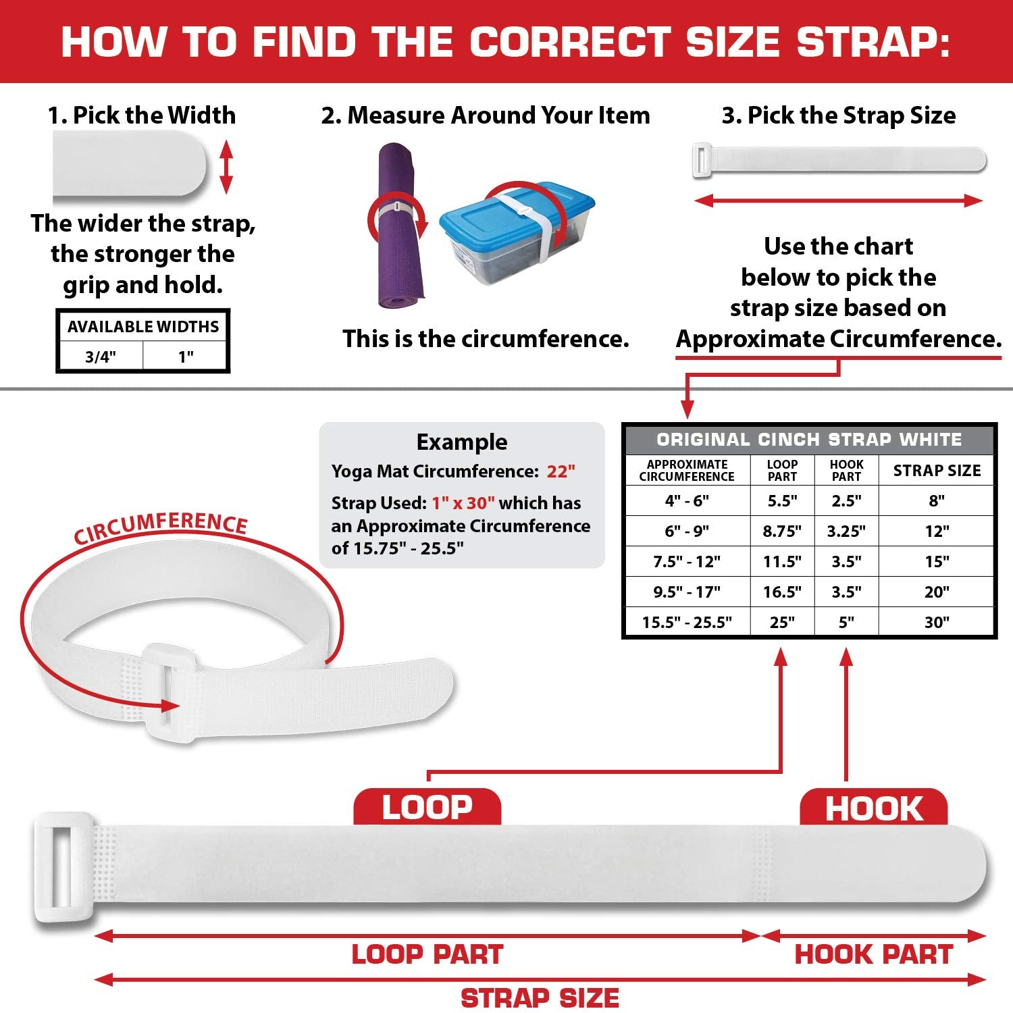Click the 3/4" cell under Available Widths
point(101,356)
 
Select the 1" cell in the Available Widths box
point(186,356)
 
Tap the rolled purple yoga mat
point(399,226)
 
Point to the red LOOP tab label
point(427,806)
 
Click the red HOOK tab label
point(873,806)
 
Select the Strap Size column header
point(937,471)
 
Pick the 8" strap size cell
point(937,500)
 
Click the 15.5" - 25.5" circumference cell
point(687,622)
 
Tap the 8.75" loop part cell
point(782,531)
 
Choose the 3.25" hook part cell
point(846,531)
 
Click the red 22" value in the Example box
point(561,471)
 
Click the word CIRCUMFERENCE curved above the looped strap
point(161,527)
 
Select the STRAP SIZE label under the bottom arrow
point(540,998)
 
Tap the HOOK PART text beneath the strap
point(873,954)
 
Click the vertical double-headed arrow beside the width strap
point(226,167)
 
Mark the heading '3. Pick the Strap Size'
point(839,115)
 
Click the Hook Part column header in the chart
point(846,470)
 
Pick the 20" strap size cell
point(937,592)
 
